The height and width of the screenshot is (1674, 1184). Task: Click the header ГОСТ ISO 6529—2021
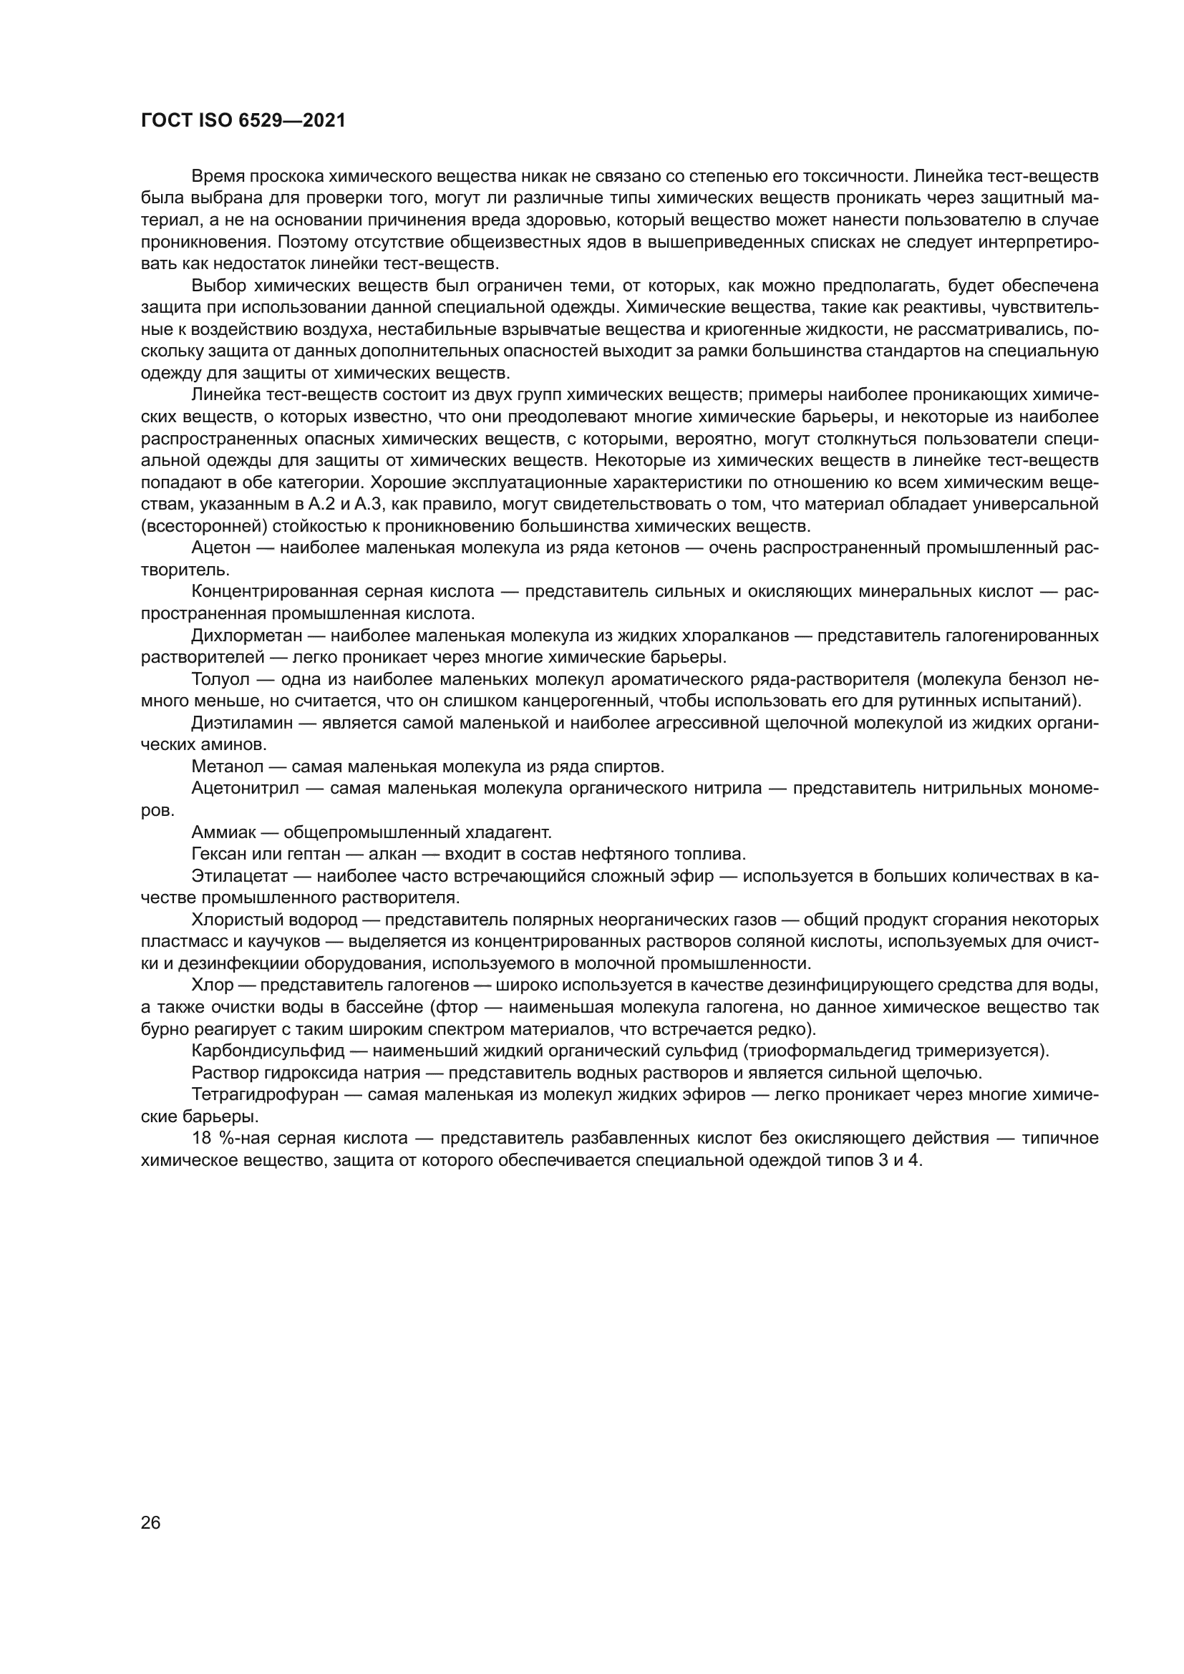coord(243,121)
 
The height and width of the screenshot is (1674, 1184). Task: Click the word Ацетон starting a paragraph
coord(220,548)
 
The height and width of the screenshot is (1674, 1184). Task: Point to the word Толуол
coord(220,678)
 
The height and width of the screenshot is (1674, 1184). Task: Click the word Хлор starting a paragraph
coord(212,985)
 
